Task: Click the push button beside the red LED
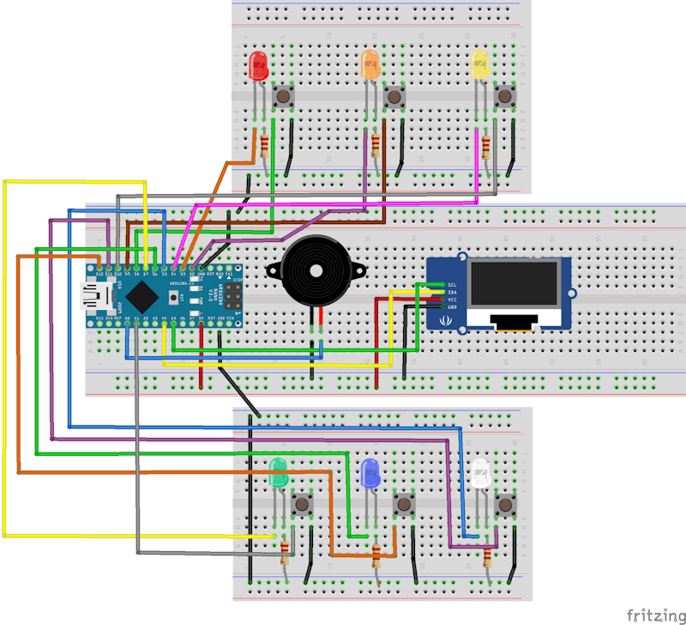click(x=284, y=97)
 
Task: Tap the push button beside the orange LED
click(x=394, y=97)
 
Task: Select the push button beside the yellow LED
click(x=505, y=97)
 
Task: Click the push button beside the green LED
click(x=302, y=504)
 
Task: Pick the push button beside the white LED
click(x=506, y=504)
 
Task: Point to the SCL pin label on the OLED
click(x=451, y=284)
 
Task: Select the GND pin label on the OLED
click(x=451, y=306)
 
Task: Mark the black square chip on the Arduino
click(x=145, y=297)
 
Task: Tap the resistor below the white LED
click(x=488, y=558)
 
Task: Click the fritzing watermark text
click(x=653, y=615)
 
